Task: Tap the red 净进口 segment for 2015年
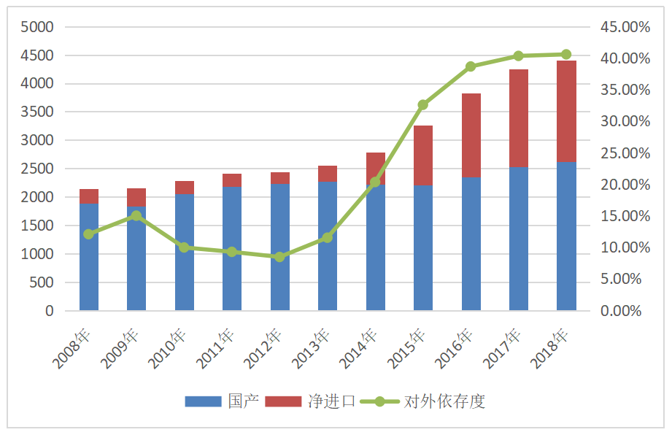tap(423, 155)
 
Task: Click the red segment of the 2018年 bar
tap(566, 111)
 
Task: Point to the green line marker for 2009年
tap(136, 216)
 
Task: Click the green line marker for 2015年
tap(423, 105)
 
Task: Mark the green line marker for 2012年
tap(280, 257)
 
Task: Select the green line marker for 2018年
tap(566, 54)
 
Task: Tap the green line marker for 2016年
tap(471, 66)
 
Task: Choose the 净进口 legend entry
tap(310, 401)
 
